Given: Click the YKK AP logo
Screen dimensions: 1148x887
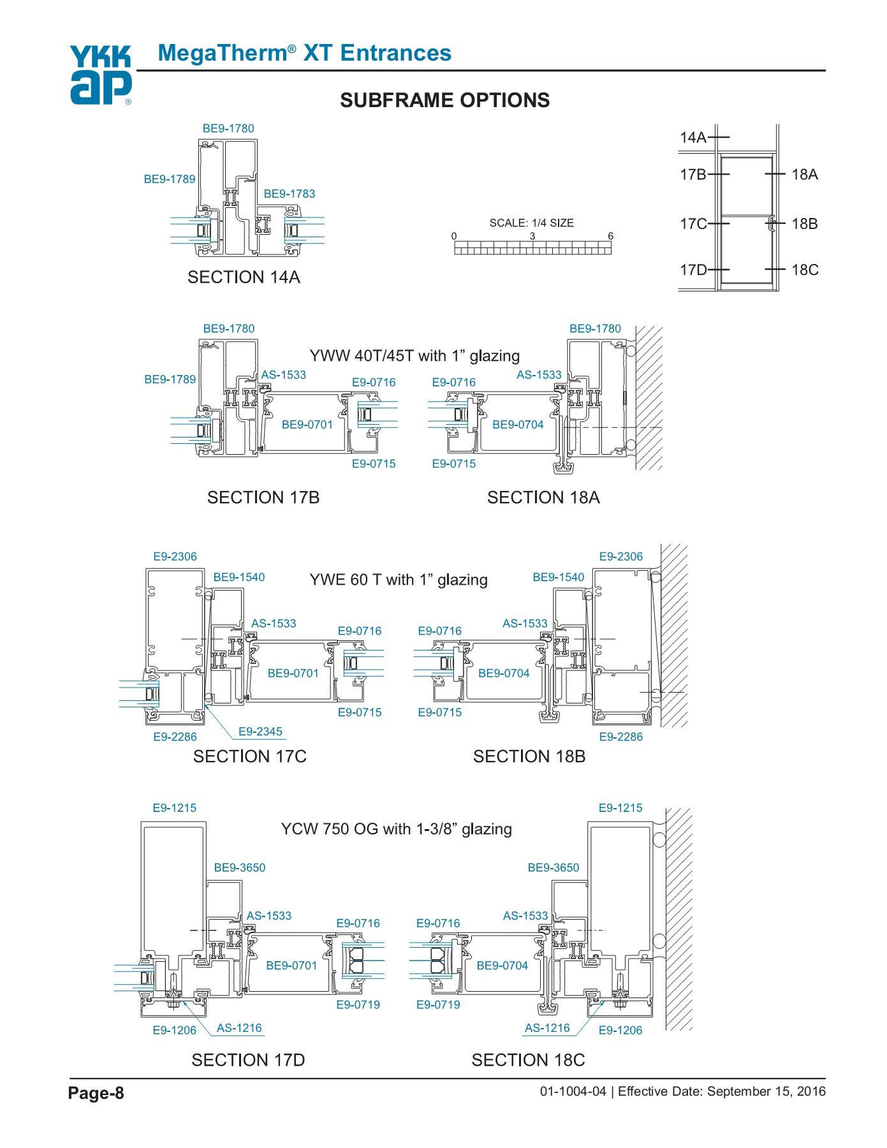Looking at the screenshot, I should click(x=101, y=75).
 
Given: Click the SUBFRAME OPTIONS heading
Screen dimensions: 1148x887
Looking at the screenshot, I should click(x=444, y=100).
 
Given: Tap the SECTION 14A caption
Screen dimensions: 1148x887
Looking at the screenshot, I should click(x=244, y=277).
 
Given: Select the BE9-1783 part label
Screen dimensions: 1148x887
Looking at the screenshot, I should click(x=289, y=194).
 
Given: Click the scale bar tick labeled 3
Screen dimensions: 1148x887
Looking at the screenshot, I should click(x=532, y=237).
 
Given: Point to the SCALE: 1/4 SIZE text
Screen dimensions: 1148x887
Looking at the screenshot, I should click(x=531, y=223).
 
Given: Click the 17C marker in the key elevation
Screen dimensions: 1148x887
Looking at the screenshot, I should click(x=693, y=224).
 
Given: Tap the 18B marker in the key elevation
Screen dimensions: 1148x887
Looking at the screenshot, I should click(x=804, y=224).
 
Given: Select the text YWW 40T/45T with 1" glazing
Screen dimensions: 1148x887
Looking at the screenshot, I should click(x=414, y=356).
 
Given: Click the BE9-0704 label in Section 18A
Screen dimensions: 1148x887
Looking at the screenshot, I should click(x=518, y=425).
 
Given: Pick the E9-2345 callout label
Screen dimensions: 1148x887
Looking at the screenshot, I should click(x=260, y=732).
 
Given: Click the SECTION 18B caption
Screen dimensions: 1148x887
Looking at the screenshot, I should click(x=529, y=756).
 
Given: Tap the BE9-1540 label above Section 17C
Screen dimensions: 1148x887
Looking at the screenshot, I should click(x=238, y=577).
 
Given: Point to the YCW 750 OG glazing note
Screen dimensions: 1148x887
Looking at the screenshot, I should click(x=396, y=829).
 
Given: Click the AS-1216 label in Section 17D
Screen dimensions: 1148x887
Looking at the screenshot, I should click(x=239, y=1027).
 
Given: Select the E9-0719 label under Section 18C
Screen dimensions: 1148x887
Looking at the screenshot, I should click(x=437, y=1004).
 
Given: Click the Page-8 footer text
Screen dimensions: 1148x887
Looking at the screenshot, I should click(x=96, y=1093).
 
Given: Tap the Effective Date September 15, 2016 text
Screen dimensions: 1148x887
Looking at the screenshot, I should click(x=721, y=1091).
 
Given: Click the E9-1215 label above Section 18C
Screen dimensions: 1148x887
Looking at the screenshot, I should click(x=620, y=808).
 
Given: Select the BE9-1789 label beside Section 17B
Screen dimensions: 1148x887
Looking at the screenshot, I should click(x=170, y=379).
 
